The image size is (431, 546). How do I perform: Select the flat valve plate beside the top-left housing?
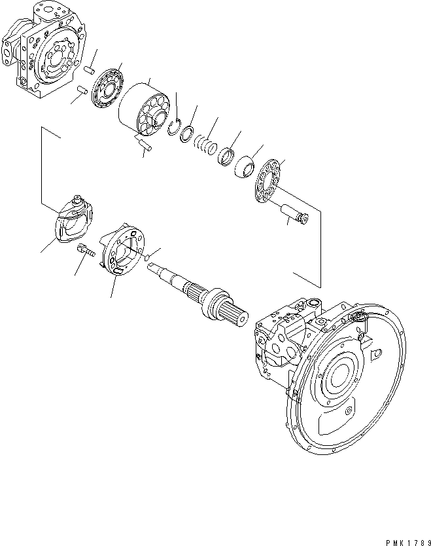(x=105, y=89)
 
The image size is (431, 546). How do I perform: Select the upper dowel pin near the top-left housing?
(x=90, y=70)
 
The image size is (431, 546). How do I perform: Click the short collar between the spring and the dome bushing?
(x=226, y=156)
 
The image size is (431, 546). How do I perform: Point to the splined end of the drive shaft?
(x=232, y=313)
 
